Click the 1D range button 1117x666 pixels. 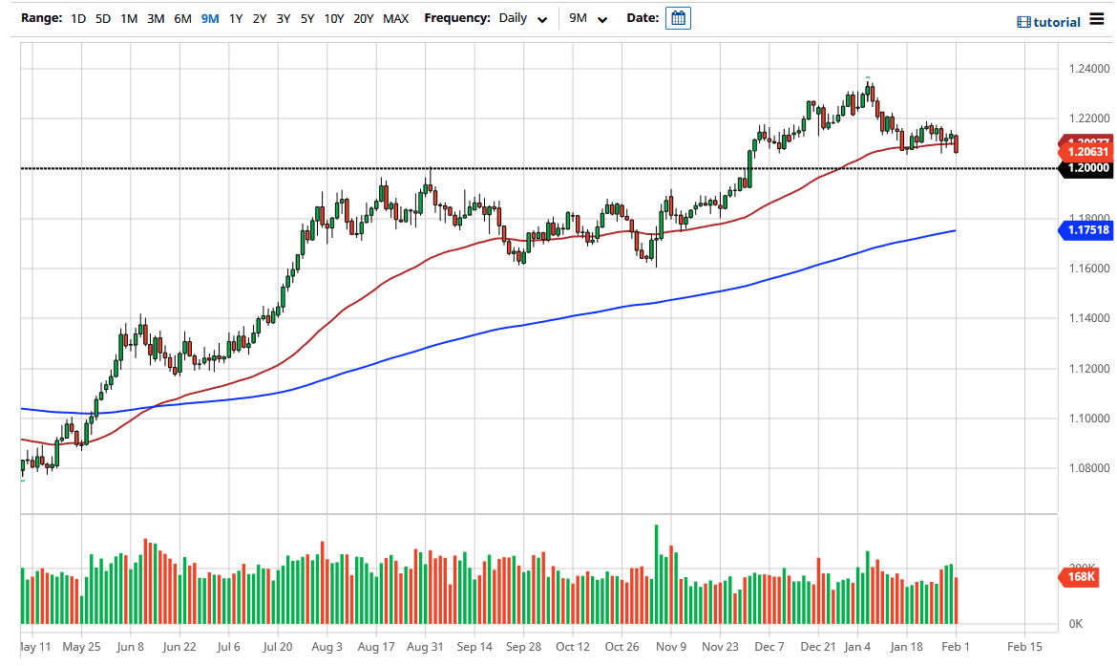pos(78,18)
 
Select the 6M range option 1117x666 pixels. pos(182,18)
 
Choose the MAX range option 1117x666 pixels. pos(395,18)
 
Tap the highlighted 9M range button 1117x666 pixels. pos(210,18)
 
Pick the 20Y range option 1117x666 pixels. pos(363,18)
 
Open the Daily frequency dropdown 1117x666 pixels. pos(522,18)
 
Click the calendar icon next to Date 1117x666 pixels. pos(678,18)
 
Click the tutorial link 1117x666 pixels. pos(1048,22)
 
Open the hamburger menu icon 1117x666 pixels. pos(1098,20)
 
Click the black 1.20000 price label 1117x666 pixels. pos(1086,168)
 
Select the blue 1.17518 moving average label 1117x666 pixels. pos(1086,230)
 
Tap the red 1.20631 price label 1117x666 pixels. pos(1086,152)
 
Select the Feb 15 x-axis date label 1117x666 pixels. pos(1023,647)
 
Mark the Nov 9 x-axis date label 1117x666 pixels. pos(671,647)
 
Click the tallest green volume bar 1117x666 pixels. pos(657,573)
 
